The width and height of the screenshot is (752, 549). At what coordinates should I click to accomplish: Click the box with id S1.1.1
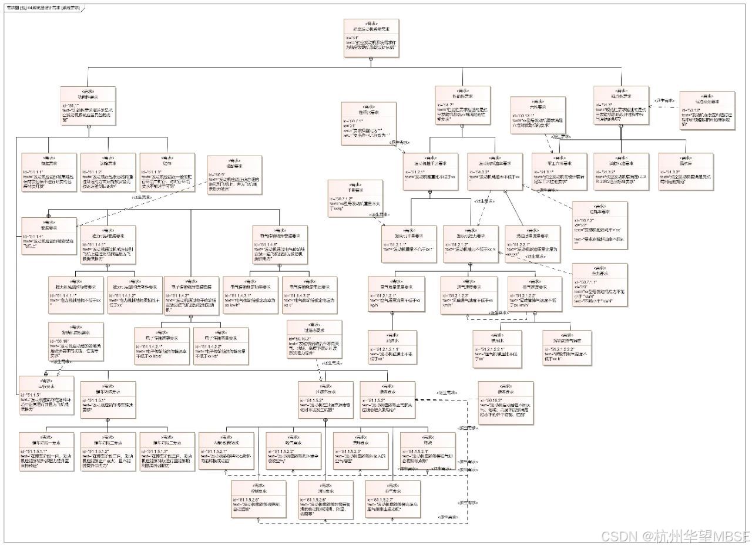click(49, 170)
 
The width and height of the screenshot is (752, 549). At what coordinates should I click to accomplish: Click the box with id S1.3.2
click(621, 171)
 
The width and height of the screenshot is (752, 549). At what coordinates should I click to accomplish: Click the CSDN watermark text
click(675, 536)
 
